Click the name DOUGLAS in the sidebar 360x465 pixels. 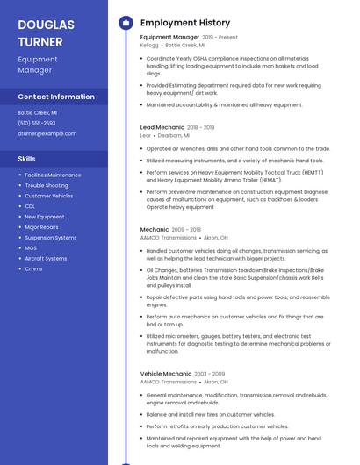46,25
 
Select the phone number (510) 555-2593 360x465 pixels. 36,124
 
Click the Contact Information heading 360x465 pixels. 56,97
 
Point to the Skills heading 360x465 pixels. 27,159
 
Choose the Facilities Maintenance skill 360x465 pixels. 53,175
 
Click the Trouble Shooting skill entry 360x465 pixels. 47,186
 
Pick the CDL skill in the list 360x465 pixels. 30,206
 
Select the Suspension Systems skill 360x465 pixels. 51,238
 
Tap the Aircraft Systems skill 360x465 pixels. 46,259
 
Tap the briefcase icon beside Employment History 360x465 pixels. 125,22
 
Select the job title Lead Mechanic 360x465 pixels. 162,128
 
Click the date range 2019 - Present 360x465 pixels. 220,38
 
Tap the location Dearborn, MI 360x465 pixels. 172,136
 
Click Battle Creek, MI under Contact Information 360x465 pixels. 38,113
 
